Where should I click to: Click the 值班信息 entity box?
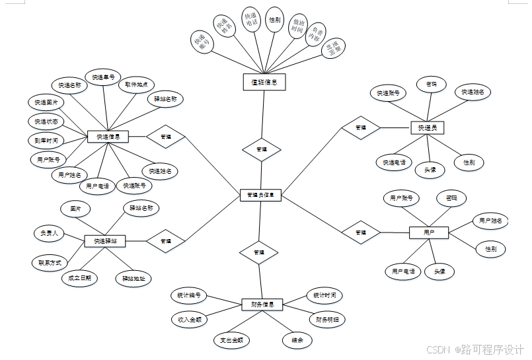264,83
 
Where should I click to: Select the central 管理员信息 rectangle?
260,195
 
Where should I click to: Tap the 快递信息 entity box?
108,137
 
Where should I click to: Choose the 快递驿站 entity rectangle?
105,241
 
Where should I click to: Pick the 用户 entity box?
428,233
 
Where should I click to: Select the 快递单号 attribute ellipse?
107,77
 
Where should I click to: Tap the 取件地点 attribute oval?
137,85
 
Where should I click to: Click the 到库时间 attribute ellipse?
46,140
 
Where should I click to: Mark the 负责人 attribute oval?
50,233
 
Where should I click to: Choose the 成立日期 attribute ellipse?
80,278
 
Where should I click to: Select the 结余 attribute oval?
297,341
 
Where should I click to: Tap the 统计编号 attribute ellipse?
189,295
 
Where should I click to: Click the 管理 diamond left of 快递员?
360,127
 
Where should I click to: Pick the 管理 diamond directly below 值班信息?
261,149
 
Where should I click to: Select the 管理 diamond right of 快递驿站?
165,241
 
